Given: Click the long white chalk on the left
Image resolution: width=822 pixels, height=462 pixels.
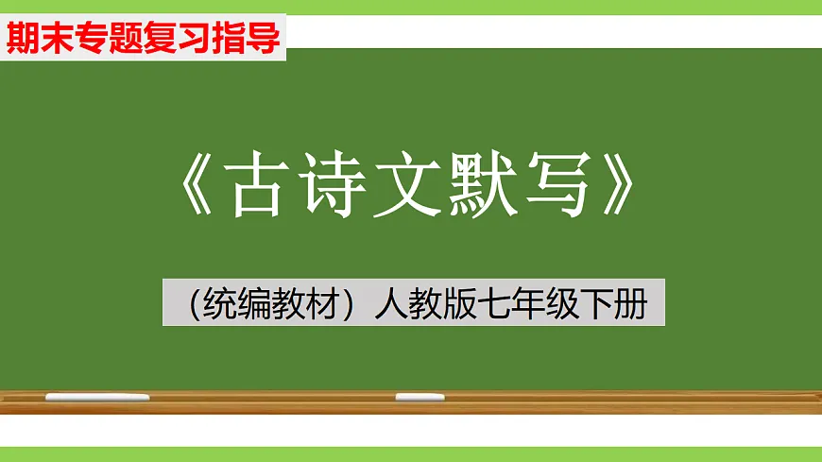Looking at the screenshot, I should click(x=96, y=397).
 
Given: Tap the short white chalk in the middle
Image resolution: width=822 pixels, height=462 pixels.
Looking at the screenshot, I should click(x=420, y=397).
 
